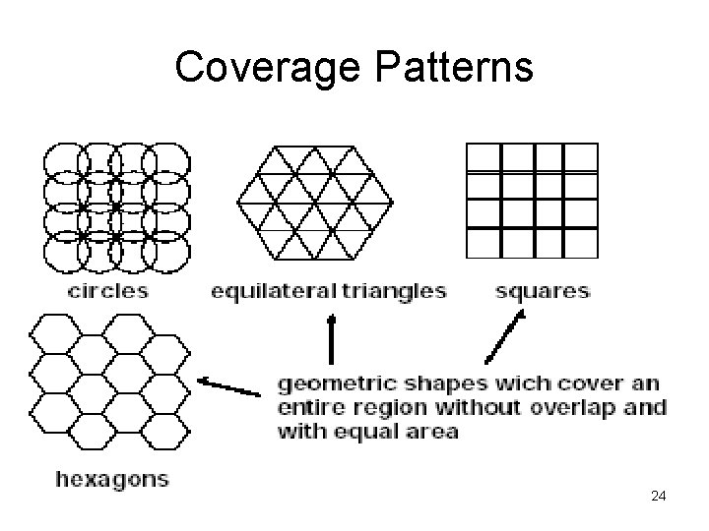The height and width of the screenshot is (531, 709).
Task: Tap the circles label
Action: point(108,290)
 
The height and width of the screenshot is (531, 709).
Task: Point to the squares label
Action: point(543,290)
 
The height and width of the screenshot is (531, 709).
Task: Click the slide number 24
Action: point(659,497)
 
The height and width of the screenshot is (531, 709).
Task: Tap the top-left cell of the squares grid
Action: point(483,158)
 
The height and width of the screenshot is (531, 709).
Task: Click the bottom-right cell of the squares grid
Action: point(580,242)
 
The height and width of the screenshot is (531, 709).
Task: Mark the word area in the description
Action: point(432,432)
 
